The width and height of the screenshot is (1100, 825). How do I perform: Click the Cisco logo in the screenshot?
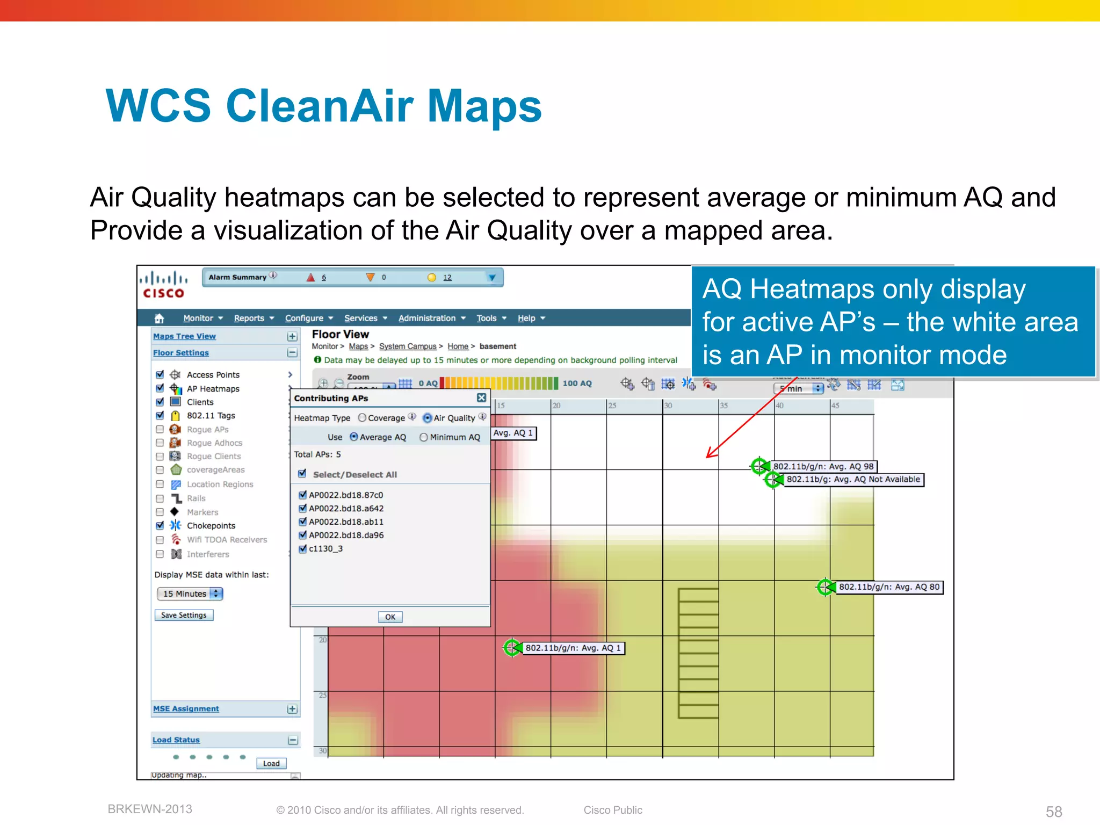click(x=163, y=285)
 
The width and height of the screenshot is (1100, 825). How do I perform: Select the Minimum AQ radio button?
click(x=424, y=437)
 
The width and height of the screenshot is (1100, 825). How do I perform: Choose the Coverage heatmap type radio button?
click(x=363, y=418)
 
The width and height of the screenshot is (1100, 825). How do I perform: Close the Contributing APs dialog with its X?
click(x=481, y=397)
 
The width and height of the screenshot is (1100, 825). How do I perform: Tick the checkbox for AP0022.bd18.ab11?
click(x=303, y=522)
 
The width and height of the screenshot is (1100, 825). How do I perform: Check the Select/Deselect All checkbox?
click(x=302, y=474)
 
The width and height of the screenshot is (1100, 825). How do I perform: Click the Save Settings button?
click(x=184, y=615)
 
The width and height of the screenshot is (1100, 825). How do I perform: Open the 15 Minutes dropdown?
click(x=190, y=594)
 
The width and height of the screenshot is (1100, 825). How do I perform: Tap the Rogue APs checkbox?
click(x=160, y=429)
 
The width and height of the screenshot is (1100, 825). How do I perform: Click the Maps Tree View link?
click(x=184, y=336)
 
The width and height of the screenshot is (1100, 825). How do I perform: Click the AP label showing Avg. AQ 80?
click(x=889, y=587)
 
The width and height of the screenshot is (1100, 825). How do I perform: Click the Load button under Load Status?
click(x=271, y=763)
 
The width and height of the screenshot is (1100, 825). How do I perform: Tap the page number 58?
click(x=1054, y=811)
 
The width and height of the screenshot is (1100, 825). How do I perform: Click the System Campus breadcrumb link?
click(x=408, y=346)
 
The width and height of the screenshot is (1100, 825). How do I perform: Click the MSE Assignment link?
click(x=186, y=708)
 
